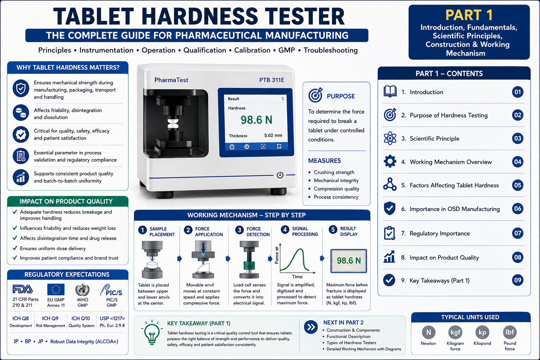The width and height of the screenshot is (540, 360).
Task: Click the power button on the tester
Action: [x=280, y=175]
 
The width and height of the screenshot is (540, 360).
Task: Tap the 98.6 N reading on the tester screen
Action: [x=257, y=120]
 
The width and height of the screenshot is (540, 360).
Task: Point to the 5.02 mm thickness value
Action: [x=273, y=135]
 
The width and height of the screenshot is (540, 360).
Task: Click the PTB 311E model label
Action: [x=272, y=80]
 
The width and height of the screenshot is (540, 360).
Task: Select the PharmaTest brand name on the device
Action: [x=171, y=80]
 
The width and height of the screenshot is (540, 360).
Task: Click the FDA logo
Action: [x=22, y=289]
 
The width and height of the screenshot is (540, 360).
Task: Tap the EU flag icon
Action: [x=56, y=289]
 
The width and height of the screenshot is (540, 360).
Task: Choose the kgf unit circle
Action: [x=455, y=332]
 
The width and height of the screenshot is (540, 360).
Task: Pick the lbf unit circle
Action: [x=510, y=332]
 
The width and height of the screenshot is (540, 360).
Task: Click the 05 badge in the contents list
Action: [x=517, y=185]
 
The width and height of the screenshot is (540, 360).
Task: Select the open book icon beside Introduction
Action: [x=390, y=91]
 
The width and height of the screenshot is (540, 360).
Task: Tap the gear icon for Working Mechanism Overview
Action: [x=390, y=161]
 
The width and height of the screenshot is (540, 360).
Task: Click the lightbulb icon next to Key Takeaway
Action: [x=152, y=332]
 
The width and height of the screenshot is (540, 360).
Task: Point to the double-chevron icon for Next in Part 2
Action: [x=311, y=327]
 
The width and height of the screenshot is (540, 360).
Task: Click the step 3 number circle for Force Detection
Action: [x=239, y=230]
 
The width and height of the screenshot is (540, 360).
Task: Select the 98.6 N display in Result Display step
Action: [x=349, y=261]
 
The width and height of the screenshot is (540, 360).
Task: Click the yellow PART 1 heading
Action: [x=469, y=15]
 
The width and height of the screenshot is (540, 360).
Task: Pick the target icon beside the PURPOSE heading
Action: [x=315, y=95]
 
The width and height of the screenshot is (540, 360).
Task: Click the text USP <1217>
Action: [x=112, y=318]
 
